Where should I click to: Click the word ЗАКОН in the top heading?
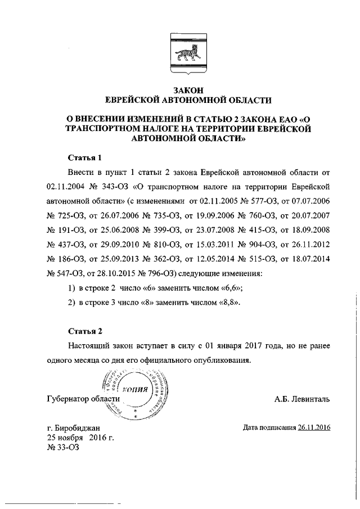point(188,90)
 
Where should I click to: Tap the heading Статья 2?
point(85,330)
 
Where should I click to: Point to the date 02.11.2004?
point(66,186)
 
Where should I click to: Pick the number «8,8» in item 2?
point(228,302)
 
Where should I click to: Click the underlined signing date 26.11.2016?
point(314,427)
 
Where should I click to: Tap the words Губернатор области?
point(84,399)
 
